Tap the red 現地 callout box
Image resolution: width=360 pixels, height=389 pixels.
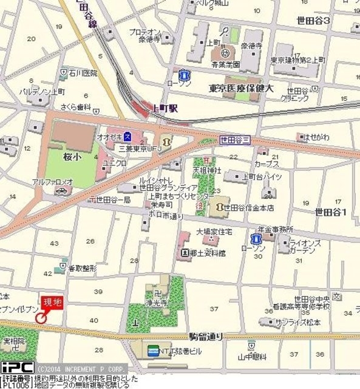point(52,301)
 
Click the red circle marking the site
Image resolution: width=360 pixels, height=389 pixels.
point(41,317)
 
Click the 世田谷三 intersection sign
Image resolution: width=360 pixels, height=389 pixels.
point(234,139)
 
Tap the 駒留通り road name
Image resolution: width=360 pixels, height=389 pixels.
point(206,336)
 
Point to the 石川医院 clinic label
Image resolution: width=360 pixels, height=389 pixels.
point(83,74)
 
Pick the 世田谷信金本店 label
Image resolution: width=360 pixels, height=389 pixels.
point(248,208)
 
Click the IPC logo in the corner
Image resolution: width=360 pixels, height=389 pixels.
point(17,368)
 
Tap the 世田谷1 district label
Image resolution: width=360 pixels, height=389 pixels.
point(330,212)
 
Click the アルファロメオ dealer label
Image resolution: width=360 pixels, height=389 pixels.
point(53,181)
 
